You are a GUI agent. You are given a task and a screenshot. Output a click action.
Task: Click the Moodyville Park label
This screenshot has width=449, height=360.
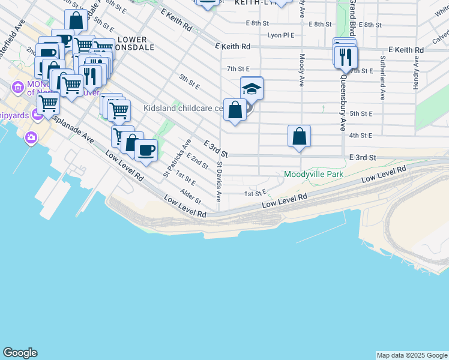pos(313,175)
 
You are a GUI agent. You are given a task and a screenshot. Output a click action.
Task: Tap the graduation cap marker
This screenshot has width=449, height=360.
pos(252,89)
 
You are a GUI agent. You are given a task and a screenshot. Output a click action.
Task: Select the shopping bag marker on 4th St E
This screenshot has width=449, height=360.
pos(299,136)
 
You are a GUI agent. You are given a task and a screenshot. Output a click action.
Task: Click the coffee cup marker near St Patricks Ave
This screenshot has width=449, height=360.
pos(146,150)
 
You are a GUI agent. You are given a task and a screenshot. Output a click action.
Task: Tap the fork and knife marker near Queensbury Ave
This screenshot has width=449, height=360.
pos(345,57)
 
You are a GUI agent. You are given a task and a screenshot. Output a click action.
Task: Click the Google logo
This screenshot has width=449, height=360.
pos(20,353)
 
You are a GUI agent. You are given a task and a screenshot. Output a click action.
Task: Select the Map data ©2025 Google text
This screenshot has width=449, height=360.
pos(411,355)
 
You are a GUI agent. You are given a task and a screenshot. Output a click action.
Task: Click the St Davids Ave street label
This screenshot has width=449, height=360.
pos(220,180)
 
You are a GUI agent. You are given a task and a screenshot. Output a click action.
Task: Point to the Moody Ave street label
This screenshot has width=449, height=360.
pos(301,70)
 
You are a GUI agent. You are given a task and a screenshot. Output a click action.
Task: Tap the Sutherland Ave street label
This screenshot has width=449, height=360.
pos(382,78)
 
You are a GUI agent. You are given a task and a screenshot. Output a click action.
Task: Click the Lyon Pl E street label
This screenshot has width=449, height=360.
pos(280,35)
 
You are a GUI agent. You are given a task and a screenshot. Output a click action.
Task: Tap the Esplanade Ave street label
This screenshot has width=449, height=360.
pos(72,128)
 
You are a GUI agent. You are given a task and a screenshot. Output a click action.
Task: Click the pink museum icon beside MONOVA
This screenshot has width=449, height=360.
pos(17,89)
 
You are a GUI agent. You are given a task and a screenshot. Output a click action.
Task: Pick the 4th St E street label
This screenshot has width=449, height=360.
pos(361,136)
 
